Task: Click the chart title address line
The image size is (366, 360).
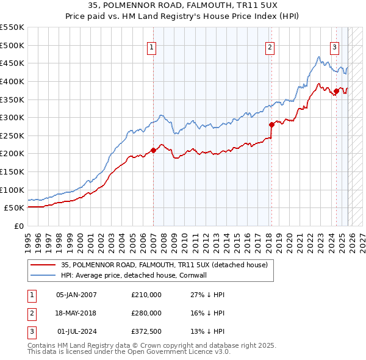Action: pyautogui.click(x=183, y=6)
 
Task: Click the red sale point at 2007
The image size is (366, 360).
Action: pyautogui.click(x=153, y=150)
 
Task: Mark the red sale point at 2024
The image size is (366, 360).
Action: pyautogui.click(x=336, y=91)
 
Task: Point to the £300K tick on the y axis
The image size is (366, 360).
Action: pyautogui.click(x=13, y=117)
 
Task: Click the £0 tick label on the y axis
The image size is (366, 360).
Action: pyautogui.click(x=18, y=226)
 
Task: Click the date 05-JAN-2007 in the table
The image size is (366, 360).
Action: pyautogui.click(x=76, y=294)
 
